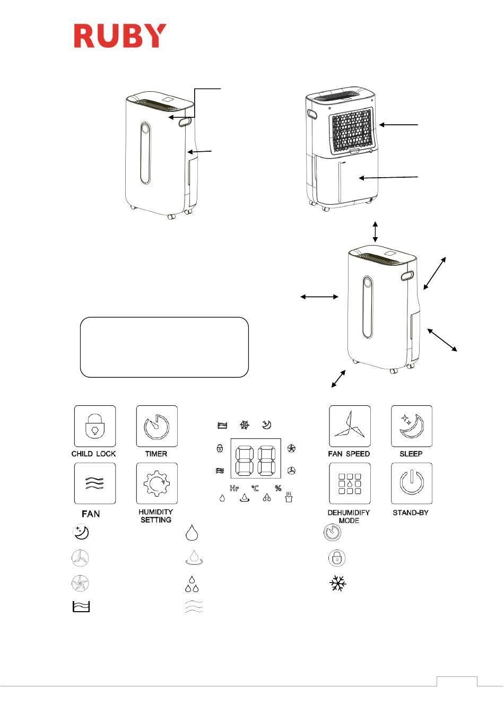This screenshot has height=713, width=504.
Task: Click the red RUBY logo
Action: [120, 36]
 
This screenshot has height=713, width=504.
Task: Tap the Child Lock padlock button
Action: [95, 426]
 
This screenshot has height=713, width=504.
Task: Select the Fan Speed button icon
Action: [350, 426]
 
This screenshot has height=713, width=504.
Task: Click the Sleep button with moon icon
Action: [412, 426]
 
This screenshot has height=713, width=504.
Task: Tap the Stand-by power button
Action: [412, 483]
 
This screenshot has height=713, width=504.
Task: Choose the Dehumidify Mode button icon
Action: [350, 483]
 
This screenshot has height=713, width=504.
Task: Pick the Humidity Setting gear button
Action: [157, 483]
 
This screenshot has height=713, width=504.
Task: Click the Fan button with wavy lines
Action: [95, 483]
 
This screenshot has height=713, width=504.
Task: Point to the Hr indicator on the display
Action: [234, 488]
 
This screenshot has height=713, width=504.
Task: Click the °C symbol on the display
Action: [255, 488]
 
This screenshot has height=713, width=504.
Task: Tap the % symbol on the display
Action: [279, 488]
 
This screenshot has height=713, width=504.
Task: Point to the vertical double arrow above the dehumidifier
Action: [376, 231]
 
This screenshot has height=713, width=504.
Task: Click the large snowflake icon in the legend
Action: [337, 583]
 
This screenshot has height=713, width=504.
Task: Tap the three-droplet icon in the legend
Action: [192, 584]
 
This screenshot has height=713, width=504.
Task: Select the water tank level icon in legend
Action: [81, 607]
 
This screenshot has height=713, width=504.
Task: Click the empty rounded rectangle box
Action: [164, 347]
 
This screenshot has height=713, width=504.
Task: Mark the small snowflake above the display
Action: [245, 424]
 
